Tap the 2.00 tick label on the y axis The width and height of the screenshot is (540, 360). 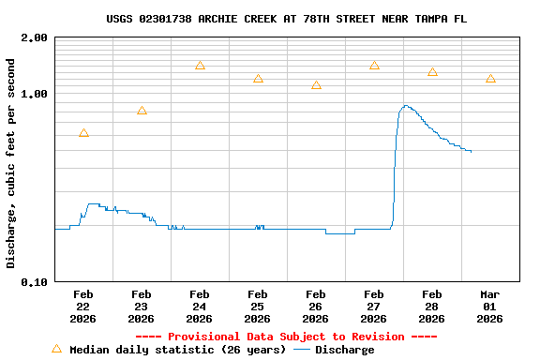tap(35, 38)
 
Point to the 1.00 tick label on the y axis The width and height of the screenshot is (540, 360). tap(35, 95)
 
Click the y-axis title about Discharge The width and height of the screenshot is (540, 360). tap(11, 163)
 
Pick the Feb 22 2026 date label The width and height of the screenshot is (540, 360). tap(83, 306)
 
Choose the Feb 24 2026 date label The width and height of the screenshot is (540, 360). tap(200, 306)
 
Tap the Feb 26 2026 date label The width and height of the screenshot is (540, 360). tap(316, 306)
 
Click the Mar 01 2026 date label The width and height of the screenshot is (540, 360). tap(490, 306)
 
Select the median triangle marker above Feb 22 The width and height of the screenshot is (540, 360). tap(83, 133)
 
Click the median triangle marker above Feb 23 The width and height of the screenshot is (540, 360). tap(142, 111)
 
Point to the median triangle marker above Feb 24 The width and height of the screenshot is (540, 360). tap(200, 66)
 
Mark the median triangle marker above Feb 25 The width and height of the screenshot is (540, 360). tap(258, 79)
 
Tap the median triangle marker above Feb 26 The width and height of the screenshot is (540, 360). tap(316, 85)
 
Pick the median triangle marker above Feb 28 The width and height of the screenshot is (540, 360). tap(432, 72)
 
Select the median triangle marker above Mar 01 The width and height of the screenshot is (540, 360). tap(490, 79)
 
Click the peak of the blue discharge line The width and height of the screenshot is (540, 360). tap(405, 106)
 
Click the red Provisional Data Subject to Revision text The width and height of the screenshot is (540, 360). tap(286, 337)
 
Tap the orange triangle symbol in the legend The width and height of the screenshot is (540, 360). tap(56, 349)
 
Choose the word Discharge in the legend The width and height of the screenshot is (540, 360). tap(344, 350)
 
